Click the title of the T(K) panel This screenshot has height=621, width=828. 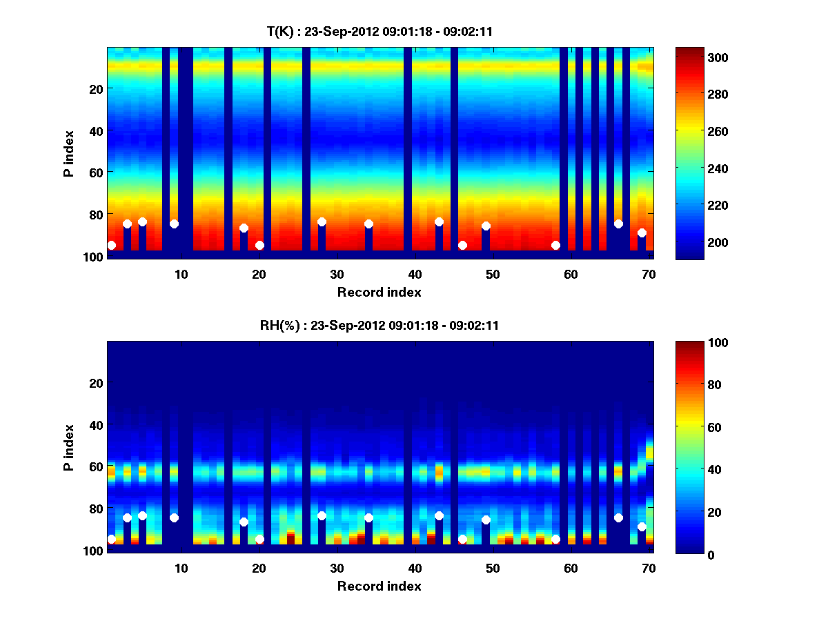tap(379, 31)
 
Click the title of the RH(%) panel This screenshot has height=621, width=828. tap(379, 326)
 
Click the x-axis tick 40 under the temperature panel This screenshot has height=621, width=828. tap(415, 274)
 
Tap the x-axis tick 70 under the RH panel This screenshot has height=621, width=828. tap(649, 569)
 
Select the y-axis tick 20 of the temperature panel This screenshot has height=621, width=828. tap(96, 89)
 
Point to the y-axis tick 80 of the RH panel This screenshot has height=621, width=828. tap(96, 509)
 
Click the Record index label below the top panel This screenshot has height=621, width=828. tap(379, 292)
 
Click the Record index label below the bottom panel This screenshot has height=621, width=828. tap(379, 586)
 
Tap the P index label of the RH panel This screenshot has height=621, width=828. tap(69, 447)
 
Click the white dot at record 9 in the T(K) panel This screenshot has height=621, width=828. tap(174, 224)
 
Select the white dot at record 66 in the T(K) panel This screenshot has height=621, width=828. tap(618, 224)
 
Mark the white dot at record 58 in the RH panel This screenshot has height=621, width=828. tap(555, 539)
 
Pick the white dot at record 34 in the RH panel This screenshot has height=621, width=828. tap(368, 517)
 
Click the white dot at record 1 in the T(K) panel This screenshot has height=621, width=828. tap(111, 245)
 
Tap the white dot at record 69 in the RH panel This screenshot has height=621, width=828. tap(642, 526)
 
